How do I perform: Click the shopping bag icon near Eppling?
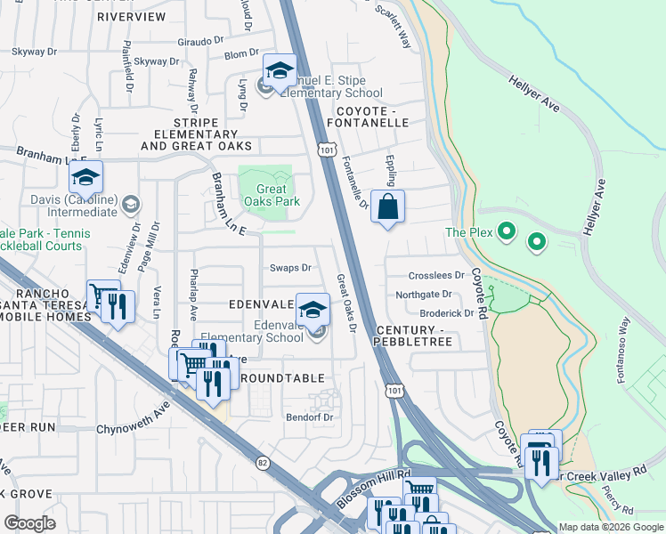pos(387,207)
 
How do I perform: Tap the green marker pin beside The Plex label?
pos(507,233)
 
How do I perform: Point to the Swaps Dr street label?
pos(290,267)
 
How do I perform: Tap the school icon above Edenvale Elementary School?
pos(312,310)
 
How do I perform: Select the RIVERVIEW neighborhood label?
pos(131,17)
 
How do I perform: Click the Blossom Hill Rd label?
pos(373,489)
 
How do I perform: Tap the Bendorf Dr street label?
pos(309,417)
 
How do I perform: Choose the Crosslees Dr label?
pos(436,276)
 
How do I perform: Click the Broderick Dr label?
pos(447,313)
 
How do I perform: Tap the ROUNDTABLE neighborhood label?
pos(281,378)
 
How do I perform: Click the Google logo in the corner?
pos(29,522)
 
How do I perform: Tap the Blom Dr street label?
pos(240,54)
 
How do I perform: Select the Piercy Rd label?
pos(617,501)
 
